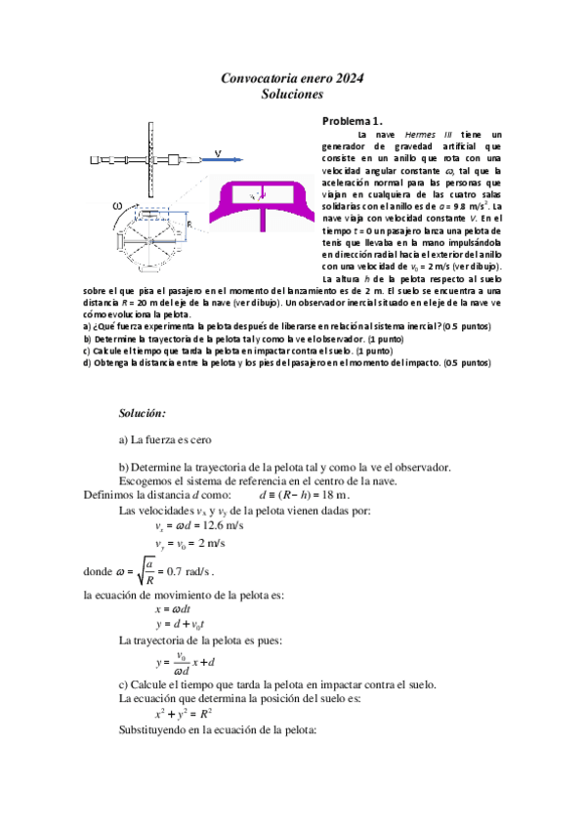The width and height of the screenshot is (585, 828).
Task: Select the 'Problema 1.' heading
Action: coord(353,120)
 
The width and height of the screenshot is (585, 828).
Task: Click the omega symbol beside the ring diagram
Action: coord(117,205)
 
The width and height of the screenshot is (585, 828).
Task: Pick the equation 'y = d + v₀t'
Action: coord(179,624)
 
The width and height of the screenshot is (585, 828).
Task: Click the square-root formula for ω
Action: coord(166,569)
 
